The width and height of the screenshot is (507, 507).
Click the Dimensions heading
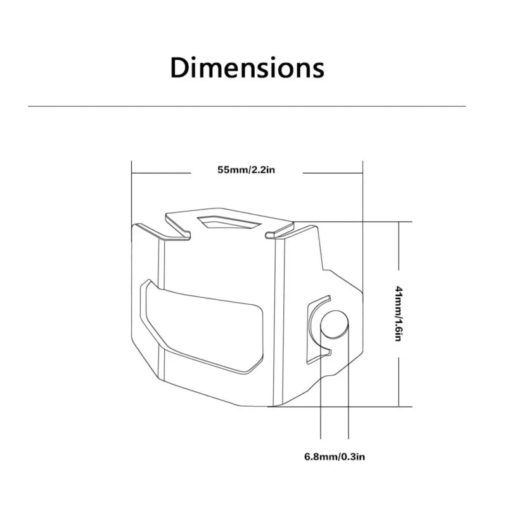(247, 68)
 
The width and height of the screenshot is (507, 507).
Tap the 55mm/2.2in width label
(246, 170)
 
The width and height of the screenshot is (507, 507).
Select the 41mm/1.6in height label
(399, 314)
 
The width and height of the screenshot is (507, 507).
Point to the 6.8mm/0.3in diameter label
(335, 456)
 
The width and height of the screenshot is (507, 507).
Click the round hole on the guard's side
(335, 324)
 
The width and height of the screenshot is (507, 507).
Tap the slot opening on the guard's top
(229, 222)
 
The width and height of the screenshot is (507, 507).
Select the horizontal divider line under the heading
(247, 106)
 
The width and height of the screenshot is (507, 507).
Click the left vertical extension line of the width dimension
(132, 201)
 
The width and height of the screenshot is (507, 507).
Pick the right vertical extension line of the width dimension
(363, 226)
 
